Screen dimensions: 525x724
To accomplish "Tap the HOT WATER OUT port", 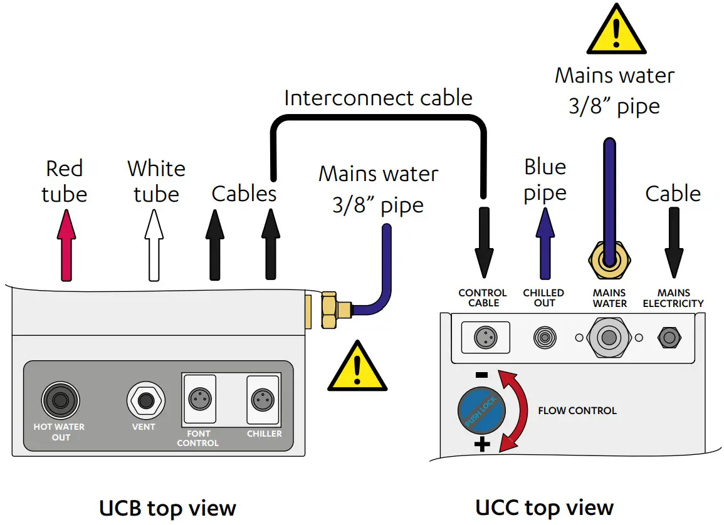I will point(61,400).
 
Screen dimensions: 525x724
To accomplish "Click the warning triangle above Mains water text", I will point(616,31).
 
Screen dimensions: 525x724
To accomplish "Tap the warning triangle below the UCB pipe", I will point(357,368).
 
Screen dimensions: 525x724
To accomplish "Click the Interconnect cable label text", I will point(378,98).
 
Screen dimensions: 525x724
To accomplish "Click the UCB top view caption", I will point(167,508).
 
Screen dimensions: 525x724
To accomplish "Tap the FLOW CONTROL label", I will point(577,411).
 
